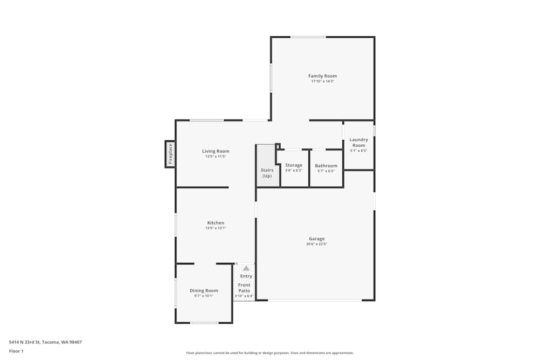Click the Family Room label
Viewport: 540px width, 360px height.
(x=322, y=76)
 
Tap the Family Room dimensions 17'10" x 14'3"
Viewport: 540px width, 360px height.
(x=323, y=81)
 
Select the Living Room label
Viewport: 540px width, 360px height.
(x=215, y=151)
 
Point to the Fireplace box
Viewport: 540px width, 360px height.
(x=170, y=154)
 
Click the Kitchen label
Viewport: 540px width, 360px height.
(x=215, y=223)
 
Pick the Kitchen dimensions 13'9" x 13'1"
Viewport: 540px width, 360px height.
(x=215, y=228)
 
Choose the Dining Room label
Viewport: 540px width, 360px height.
(x=204, y=290)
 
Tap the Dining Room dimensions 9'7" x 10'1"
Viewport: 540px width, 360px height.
(x=204, y=296)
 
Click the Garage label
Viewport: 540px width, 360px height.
(x=316, y=239)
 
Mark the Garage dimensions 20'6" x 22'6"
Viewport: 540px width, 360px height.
(x=316, y=244)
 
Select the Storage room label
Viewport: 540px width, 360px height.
(x=294, y=165)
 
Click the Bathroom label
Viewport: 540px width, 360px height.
(x=326, y=166)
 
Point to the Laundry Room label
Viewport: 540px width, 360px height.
(x=359, y=142)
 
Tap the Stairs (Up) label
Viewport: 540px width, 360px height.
(x=267, y=173)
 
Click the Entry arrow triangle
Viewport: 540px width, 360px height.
(x=246, y=268)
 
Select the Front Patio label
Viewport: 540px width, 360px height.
(x=244, y=288)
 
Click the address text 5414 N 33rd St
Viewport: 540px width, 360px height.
(x=24, y=342)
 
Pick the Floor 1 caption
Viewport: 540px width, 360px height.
(x=16, y=351)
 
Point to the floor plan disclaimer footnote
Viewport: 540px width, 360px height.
(x=269, y=353)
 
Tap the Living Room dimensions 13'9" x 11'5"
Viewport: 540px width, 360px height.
(x=215, y=157)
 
